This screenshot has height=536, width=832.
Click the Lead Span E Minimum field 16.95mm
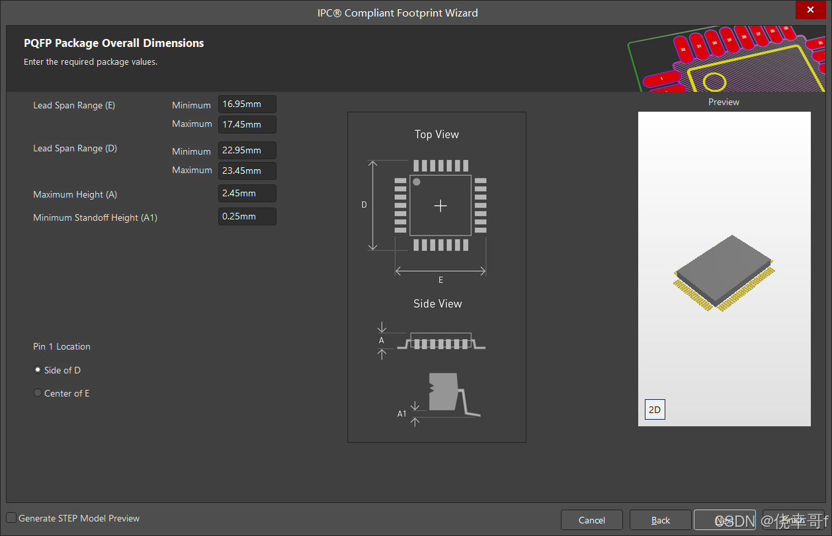click(247, 104)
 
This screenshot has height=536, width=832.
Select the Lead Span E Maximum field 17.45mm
click(247, 124)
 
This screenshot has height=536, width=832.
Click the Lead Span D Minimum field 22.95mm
click(247, 151)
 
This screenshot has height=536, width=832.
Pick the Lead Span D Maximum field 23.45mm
click(247, 171)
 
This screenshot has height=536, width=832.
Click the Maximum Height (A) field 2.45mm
click(247, 194)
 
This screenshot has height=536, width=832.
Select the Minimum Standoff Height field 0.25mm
click(247, 217)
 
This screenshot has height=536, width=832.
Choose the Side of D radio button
click(38, 370)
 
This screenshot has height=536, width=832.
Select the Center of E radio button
click(38, 393)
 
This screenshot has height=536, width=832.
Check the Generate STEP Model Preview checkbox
click(12, 518)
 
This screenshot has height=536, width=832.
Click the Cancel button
click(591, 520)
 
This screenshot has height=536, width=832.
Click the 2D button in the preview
click(654, 410)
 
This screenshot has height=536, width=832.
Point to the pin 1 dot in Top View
click(417, 182)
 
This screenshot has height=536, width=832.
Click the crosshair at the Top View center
click(440, 206)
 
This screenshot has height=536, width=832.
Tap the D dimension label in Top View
click(364, 206)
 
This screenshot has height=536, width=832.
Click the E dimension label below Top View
click(440, 280)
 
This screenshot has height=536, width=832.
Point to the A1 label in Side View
click(401, 414)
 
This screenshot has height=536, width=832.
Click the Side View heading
click(437, 304)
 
